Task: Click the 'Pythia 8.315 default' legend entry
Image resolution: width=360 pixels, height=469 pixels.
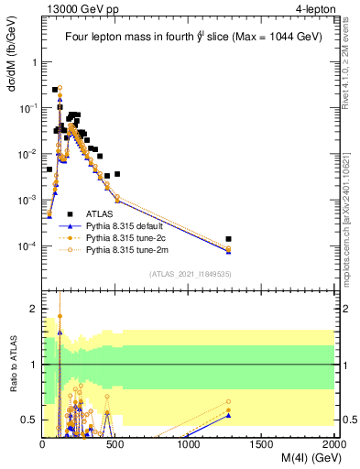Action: pyautogui.click(x=128, y=225)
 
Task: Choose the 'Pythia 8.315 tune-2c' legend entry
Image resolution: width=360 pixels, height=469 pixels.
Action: pyautogui.click(x=128, y=237)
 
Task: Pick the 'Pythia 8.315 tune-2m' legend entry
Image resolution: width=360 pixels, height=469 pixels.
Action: pyautogui.click(x=128, y=249)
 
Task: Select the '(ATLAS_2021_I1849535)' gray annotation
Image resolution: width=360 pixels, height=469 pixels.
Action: pyautogui.click(x=189, y=273)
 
